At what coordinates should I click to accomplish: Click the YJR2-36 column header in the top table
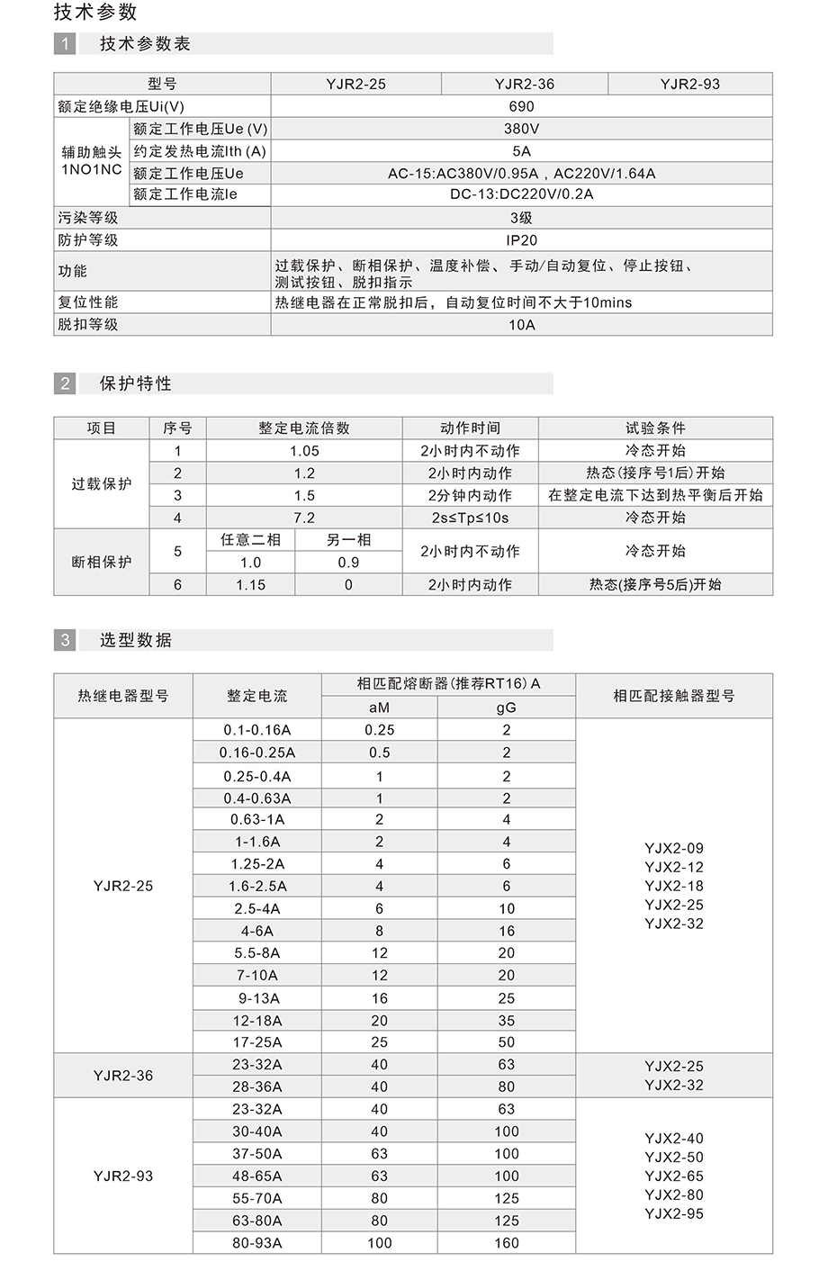[x=524, y=84]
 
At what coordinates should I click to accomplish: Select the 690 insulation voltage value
[x=521, y=106]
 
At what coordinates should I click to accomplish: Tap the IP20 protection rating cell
[x=521, y=240]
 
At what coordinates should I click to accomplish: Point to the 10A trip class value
[x=521, y=325]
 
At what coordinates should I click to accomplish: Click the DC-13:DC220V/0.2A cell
[x=521, y=194]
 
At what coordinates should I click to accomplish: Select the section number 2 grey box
[x=65, y=383]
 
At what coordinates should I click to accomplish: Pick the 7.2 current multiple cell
[x=304, y=518]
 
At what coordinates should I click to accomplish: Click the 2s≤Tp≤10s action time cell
[x=470, y=518]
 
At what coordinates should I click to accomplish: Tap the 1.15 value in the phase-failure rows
[x=250, y=585]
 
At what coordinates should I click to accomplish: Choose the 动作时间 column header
[x=470, y=428]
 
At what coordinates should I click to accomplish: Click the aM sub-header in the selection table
[x=379, y=708]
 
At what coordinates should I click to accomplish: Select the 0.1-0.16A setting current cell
[x=257, y=730]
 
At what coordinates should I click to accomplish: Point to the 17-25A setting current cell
[x=257, y=1042]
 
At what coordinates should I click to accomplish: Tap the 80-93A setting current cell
[x=257, y=1243]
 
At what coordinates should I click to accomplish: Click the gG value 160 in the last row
[x=507, y=1243]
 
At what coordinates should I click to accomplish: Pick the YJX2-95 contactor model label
[x=674, y=1213]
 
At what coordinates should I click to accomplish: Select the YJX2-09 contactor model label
[x=674, y=848]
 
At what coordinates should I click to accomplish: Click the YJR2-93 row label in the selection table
[x=123, y=1176]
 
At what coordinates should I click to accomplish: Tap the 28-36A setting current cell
[x=257, y=1086]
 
